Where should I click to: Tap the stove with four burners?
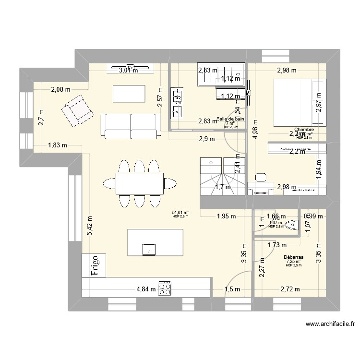(x=166, y=288)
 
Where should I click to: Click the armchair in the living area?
(x=76, y=109)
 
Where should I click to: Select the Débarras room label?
(x=292, y=257)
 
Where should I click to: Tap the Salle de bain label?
(x=231, y=119)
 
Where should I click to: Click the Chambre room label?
(x=304, y=130)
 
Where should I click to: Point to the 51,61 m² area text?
(x=180, y=212)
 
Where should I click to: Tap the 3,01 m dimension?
(x=128, y=70)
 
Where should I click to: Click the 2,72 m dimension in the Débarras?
(x=290, y=289)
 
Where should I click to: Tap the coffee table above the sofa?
(x=129, y=93)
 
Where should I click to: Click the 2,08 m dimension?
(x=61, y=89)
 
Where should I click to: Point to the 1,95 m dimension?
(x=226, y=216)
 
